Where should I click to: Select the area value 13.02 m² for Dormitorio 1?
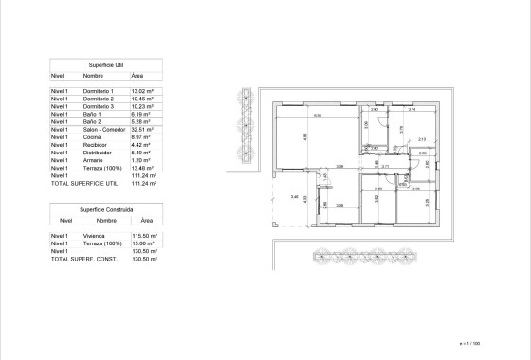click(142, 89)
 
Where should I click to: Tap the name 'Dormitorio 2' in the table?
click(99, 98)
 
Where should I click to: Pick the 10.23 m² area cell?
click(142, 106)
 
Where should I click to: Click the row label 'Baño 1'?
click(92, 114)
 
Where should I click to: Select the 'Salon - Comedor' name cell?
click(102, 130)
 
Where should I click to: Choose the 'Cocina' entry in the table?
click(92, 137)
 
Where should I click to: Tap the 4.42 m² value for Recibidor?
click(140, 145)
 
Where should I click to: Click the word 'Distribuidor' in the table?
click(99, 153)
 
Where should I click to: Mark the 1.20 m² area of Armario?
click(140, 160)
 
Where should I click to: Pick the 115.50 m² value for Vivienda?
click(143, 235)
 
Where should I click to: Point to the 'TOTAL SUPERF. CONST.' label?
click(83, 258)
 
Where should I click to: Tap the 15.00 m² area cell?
click(142, 243)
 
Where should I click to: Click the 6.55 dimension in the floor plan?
click(318, 116)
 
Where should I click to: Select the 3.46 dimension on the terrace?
click(282, 196)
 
